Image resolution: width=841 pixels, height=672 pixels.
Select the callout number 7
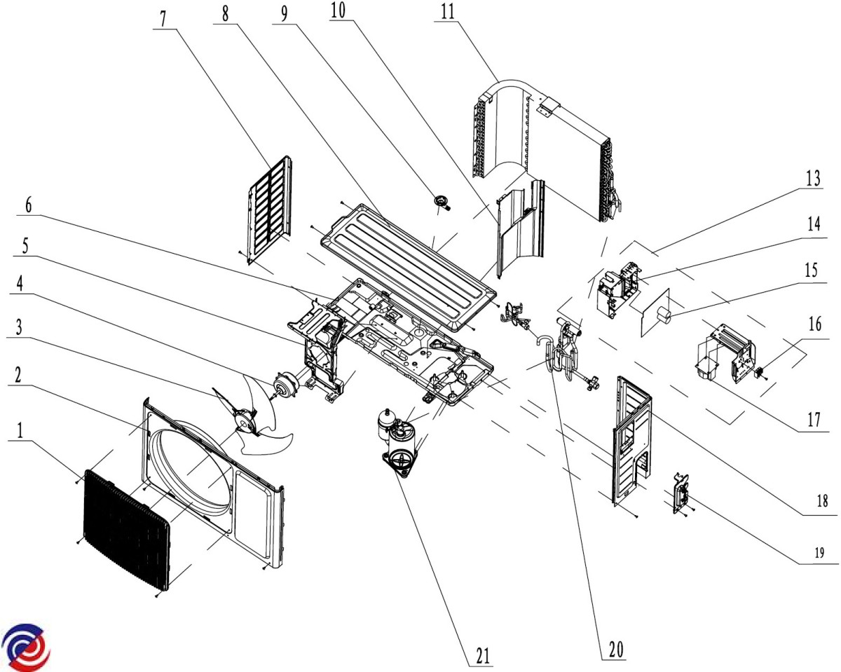(163, 18)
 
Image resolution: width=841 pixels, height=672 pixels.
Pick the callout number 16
(813, 323)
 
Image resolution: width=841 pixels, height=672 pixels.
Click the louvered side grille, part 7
(270, 207)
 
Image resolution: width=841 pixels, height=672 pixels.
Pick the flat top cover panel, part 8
(406, 263)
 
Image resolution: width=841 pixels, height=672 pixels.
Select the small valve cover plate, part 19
(681, 495)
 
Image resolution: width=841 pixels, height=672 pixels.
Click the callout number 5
(26, 247)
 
